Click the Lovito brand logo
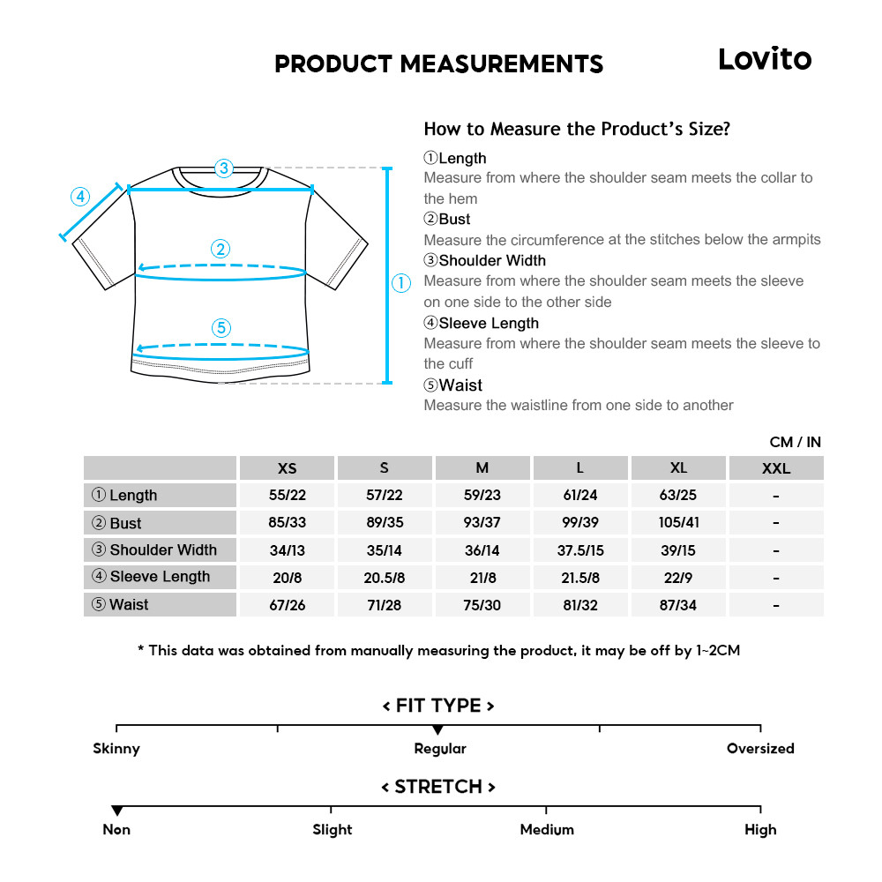pos(764,59)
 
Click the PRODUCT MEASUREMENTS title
pos(438,64)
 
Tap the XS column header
pos(287,468)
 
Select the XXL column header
pos(776,468)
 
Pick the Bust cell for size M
pos(482,522)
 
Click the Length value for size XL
pos(678,495)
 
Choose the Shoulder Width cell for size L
pos(579,549)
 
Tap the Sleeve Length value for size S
pos(384,577)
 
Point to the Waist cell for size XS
pos(287,604)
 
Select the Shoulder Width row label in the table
pos(160,549)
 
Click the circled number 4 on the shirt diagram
pos(80,196)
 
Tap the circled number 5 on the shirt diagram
pos(221,328)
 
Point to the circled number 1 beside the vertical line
pos(401,283)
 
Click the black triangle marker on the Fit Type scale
pos(437,730)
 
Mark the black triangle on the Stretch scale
pos(116,811)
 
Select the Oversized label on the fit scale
pos(760,749)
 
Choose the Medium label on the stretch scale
pos(547,830)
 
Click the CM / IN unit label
pos(795,442)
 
